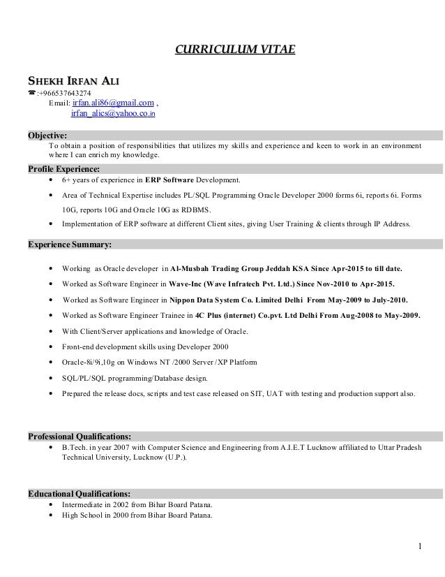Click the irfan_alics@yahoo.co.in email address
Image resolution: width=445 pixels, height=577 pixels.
(114, 114)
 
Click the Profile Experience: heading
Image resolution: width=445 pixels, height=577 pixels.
(63, 168)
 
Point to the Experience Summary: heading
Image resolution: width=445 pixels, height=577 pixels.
(69, 244)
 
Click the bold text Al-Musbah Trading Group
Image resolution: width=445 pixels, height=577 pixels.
(218, 269)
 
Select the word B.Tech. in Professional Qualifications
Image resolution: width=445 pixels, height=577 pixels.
(75, 447)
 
